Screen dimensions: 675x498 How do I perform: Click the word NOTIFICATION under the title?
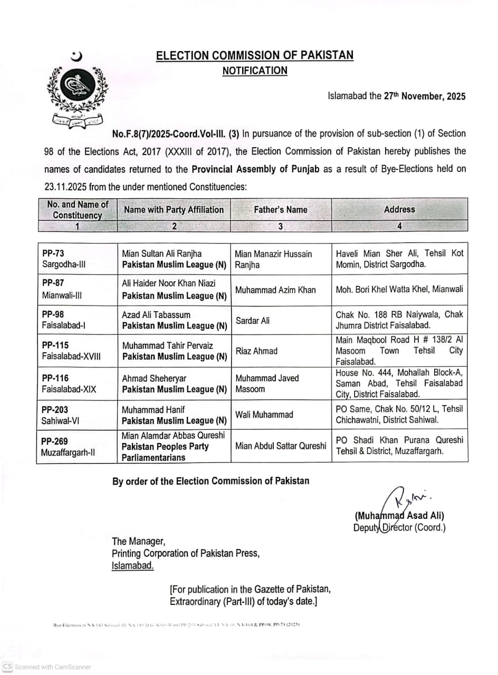click(x=255, y=71)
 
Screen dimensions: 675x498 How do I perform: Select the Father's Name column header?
click(x=280, y=209)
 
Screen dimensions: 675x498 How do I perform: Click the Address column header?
click(x=399, y=209)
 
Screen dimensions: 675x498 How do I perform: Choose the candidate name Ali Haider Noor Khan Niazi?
click(x=169, y=283)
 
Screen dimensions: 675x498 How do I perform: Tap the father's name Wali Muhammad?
click(x=264, y=414)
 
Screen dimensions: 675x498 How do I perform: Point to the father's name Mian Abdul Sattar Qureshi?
click(x=281, y=446)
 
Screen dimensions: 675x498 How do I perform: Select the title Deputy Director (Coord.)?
click(x=399, y=527)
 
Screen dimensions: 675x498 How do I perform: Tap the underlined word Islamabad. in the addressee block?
click(x=133, y=565)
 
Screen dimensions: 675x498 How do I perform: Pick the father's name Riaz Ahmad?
click(x=256, y=351)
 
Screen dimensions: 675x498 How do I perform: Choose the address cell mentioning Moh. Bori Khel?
click(x=399, y=289)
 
